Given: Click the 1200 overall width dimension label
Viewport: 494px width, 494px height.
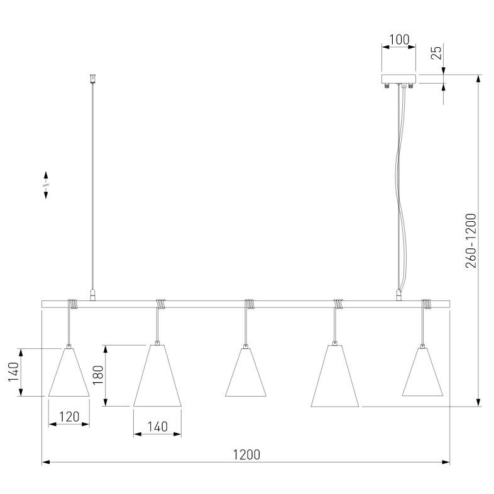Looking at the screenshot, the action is (246, 454).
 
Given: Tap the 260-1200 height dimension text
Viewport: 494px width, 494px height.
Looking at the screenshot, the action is (471, 241).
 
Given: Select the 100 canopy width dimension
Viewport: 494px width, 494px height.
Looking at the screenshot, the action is (399, 40).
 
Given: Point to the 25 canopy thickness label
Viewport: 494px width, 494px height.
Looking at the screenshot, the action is (436, 53).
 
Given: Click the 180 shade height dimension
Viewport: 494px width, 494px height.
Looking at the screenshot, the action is (98, 375).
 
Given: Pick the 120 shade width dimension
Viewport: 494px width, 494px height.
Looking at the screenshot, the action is (69, 417).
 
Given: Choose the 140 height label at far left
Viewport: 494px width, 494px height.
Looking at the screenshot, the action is (13, 372).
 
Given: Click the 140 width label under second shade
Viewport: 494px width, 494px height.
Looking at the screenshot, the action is (158, 427).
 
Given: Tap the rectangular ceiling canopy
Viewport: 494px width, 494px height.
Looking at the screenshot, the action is (398, 79).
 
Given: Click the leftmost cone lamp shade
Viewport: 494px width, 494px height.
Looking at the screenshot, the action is (69, 372).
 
